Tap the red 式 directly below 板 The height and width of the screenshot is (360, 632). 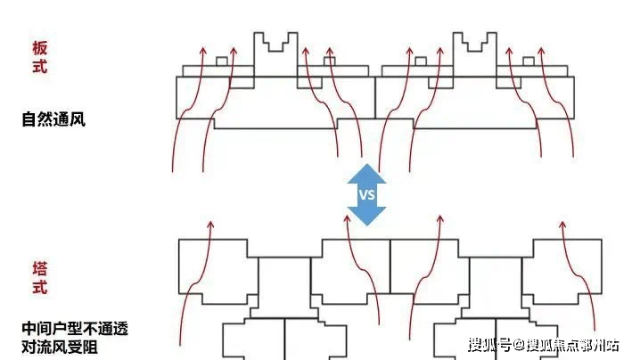click(x=39, y=67)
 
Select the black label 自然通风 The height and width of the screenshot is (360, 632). click(x=53, y=119)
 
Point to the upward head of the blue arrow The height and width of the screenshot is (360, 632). click(x=366, y=170)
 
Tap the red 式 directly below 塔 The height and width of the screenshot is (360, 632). click(x=39, y=288)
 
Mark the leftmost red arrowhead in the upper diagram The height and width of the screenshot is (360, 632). click(x=204, y=45)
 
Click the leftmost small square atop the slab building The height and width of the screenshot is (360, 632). click(x=221, y=61)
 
